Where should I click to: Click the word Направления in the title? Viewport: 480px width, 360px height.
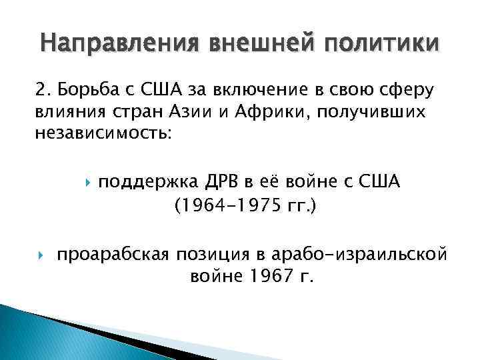click(111, 44)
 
